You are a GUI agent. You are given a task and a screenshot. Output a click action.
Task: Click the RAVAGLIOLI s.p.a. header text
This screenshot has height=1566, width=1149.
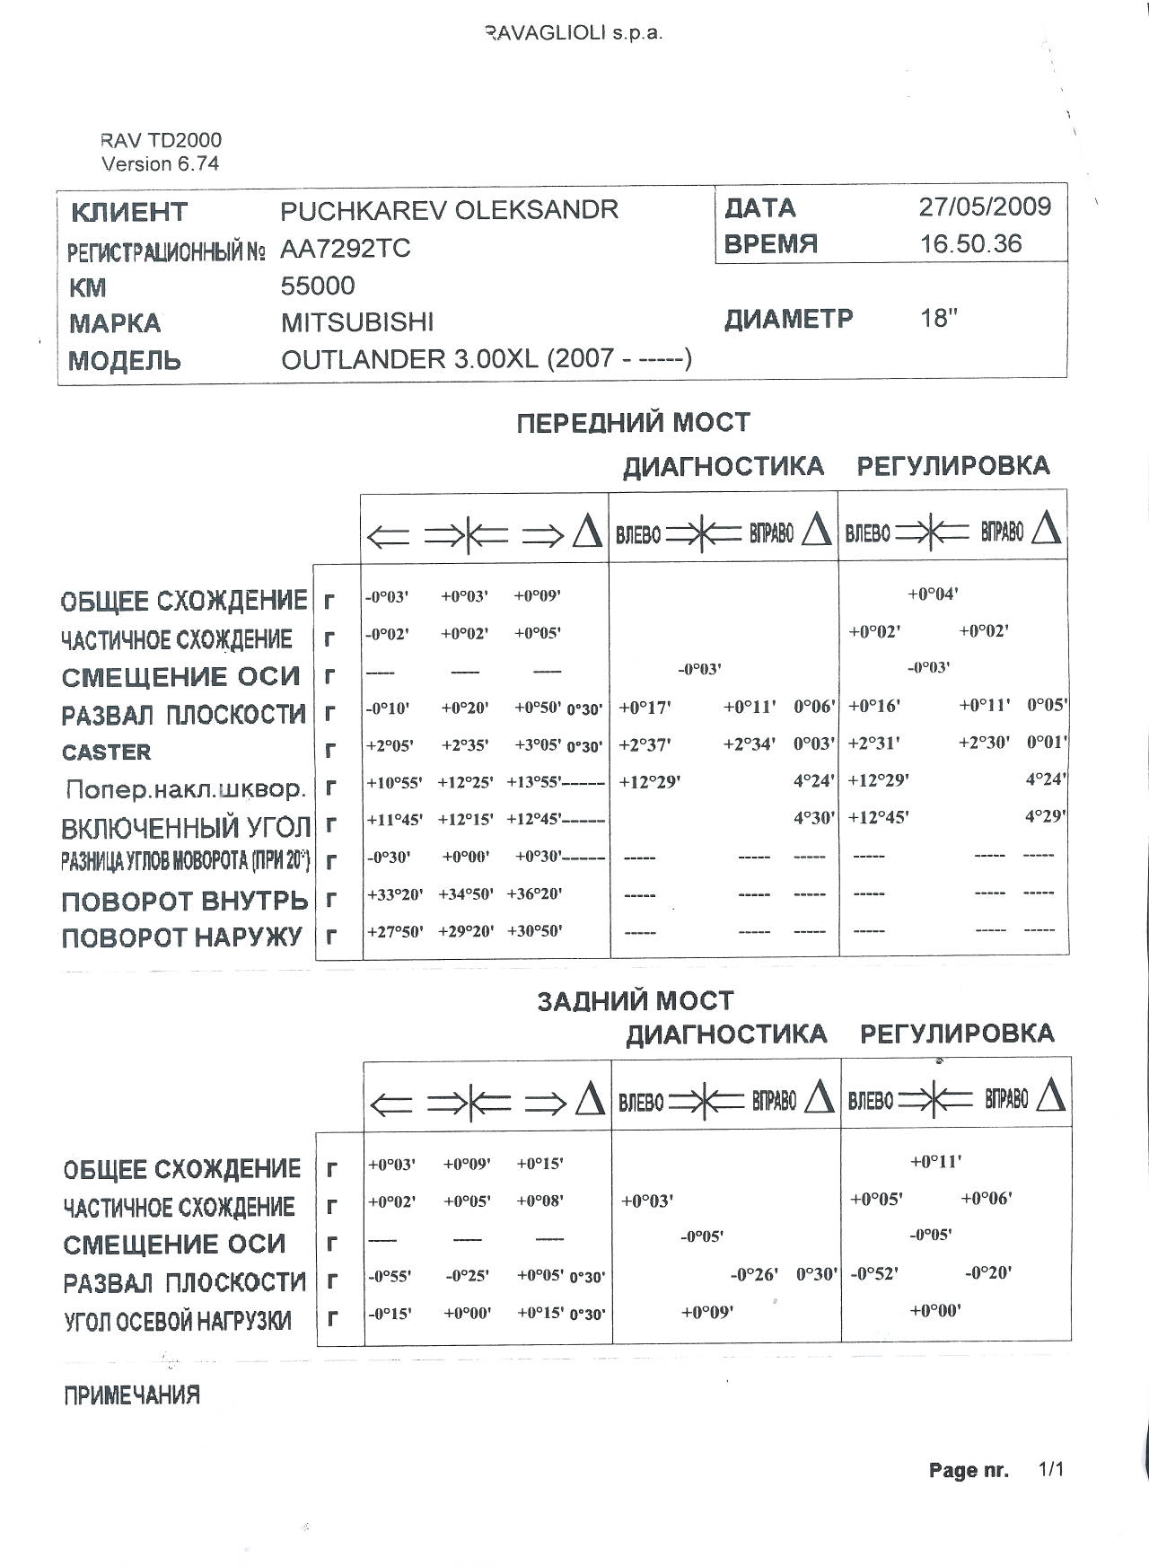pos(574,34)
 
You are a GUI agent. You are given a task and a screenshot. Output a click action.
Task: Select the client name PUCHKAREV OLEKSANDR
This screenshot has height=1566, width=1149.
pos(449,210)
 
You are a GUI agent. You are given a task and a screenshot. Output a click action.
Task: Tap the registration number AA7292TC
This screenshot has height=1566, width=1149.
pos(346,249)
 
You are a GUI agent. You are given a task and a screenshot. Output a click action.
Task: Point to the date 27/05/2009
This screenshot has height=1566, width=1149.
pos(984,207)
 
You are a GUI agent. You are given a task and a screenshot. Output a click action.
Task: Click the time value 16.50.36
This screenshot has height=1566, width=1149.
pos(970,244)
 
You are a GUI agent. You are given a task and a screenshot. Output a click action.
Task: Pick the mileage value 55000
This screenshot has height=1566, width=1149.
pos(317,286)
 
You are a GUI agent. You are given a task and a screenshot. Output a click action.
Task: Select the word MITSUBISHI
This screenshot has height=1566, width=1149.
pos(356,322)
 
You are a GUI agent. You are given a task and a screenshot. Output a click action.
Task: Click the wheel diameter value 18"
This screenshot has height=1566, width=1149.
pos(939,319)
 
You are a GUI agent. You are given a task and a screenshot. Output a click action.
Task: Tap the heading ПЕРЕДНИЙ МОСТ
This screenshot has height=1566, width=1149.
pos(633,422)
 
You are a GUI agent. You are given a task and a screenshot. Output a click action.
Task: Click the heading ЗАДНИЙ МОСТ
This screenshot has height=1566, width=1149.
pos(635,1001)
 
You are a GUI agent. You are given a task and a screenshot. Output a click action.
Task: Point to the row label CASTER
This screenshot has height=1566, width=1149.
pos(106,752)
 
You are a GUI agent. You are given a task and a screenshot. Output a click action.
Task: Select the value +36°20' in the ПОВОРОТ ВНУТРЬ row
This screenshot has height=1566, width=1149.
pos(535,894)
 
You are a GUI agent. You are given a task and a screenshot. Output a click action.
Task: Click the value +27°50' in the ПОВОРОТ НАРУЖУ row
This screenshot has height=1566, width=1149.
pos(394,932)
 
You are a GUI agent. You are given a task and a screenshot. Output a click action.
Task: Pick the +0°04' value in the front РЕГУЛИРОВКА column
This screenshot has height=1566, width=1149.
pos(933,594)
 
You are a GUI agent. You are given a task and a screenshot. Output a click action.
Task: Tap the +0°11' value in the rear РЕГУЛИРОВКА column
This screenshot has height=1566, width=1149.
pos(935,1161)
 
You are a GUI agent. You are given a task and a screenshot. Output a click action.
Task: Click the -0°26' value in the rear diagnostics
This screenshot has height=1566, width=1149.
pos(754,1274)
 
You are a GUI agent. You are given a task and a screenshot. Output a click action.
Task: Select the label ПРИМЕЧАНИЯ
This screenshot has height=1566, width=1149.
pos(131,1395)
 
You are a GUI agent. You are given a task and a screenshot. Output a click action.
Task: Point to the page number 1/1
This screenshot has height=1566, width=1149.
pos(1050,1470)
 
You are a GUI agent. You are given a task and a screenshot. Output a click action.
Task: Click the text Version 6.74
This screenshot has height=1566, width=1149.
pos(160,163)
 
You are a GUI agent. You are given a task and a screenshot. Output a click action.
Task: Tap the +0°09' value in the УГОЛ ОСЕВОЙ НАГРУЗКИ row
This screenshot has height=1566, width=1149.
pos(707,1312)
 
